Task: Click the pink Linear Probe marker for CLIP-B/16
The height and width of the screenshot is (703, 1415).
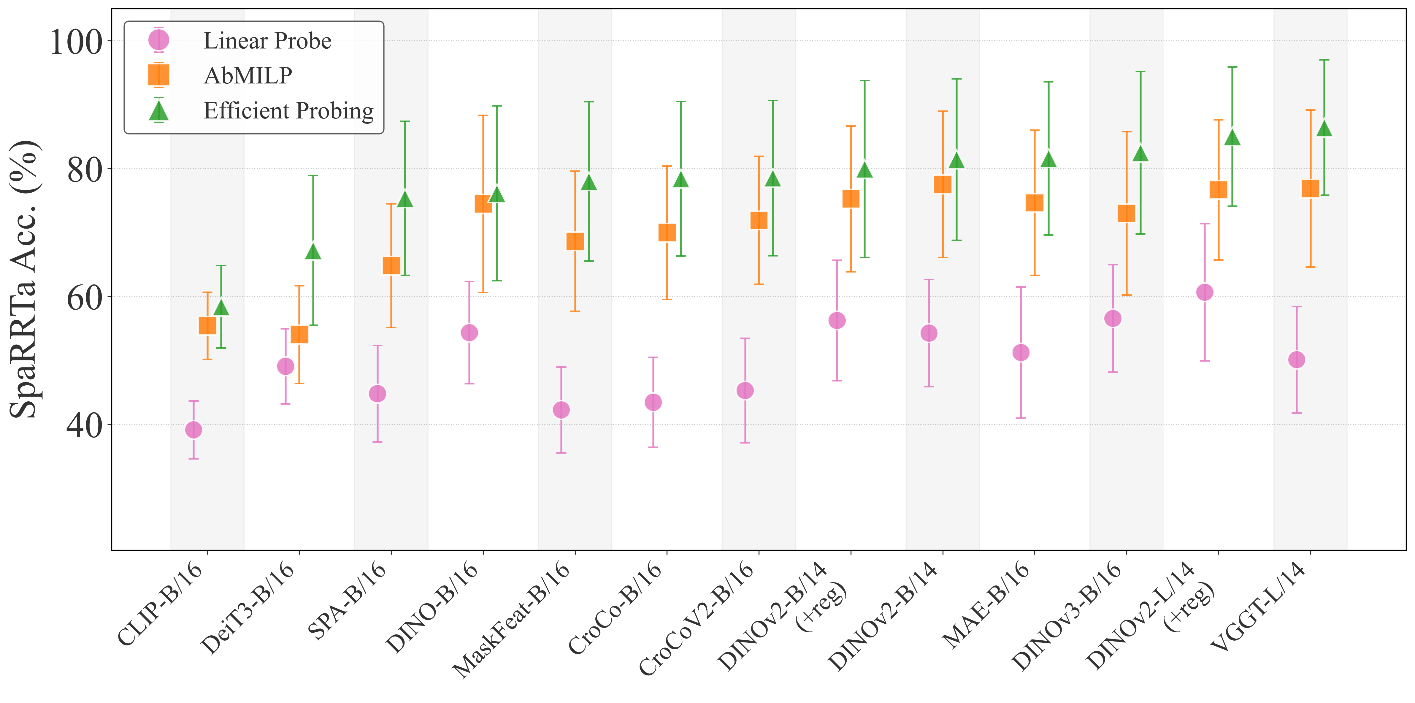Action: (193, 429)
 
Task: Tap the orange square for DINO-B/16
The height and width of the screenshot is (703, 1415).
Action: (483, 204)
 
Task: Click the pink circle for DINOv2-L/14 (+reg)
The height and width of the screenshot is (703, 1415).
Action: (1205, 292)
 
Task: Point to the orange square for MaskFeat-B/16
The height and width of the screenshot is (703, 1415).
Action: (575, 241)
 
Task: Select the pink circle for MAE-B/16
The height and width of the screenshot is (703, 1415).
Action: (1021, 352)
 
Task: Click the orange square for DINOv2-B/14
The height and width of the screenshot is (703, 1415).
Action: (943, 184)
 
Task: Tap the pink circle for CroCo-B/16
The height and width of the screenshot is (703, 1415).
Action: (653, 402)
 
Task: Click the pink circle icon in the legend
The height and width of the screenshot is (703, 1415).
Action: (159, 40)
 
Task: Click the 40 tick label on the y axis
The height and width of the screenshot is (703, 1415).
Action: (84, 425)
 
